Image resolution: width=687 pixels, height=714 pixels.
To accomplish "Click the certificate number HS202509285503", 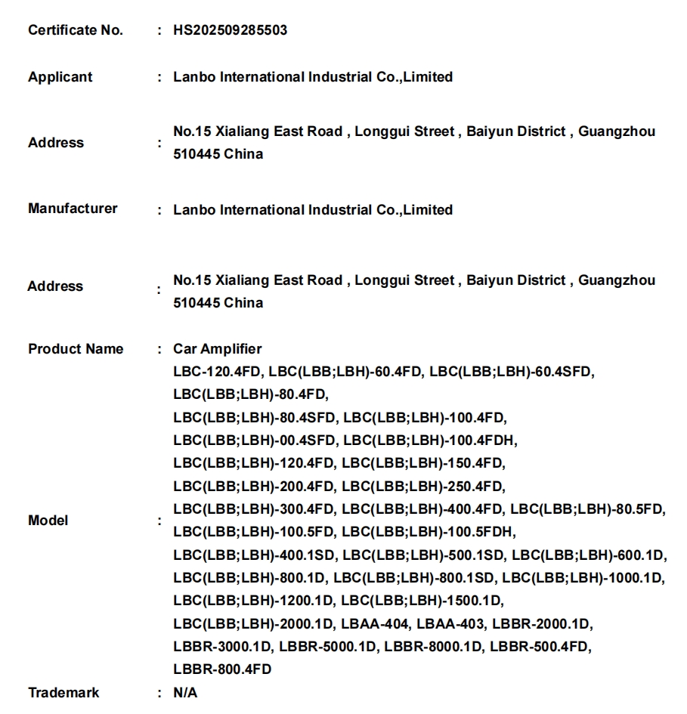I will pos(230,31).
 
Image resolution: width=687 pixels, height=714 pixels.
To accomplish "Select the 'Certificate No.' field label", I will pos(75,31).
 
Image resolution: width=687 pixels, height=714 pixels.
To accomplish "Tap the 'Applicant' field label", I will pos(60,77).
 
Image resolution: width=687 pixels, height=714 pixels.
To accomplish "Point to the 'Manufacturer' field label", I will pos(73,209).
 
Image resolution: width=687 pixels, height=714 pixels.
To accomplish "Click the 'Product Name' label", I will pos(75,349).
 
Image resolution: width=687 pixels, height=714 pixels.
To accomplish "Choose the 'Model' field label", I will pos(48,521).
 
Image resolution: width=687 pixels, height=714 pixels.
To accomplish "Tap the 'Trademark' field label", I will pos(63,693).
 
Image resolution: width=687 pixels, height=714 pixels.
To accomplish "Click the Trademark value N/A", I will pos(185,693).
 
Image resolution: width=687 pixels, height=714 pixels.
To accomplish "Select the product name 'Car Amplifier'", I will pos(218,349).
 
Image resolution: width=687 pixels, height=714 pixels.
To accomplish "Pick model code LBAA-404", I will pos(375,624).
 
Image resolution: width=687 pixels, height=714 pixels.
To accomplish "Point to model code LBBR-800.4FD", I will pos(222,669).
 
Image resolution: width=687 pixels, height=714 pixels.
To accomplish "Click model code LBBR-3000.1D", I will pos(221,647).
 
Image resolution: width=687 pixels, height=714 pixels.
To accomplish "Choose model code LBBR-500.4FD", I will pos(540,647).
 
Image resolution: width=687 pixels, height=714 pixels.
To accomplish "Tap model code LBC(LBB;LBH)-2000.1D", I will pos(253,624).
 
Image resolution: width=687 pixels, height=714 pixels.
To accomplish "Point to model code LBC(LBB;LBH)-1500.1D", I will pos(422,601).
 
